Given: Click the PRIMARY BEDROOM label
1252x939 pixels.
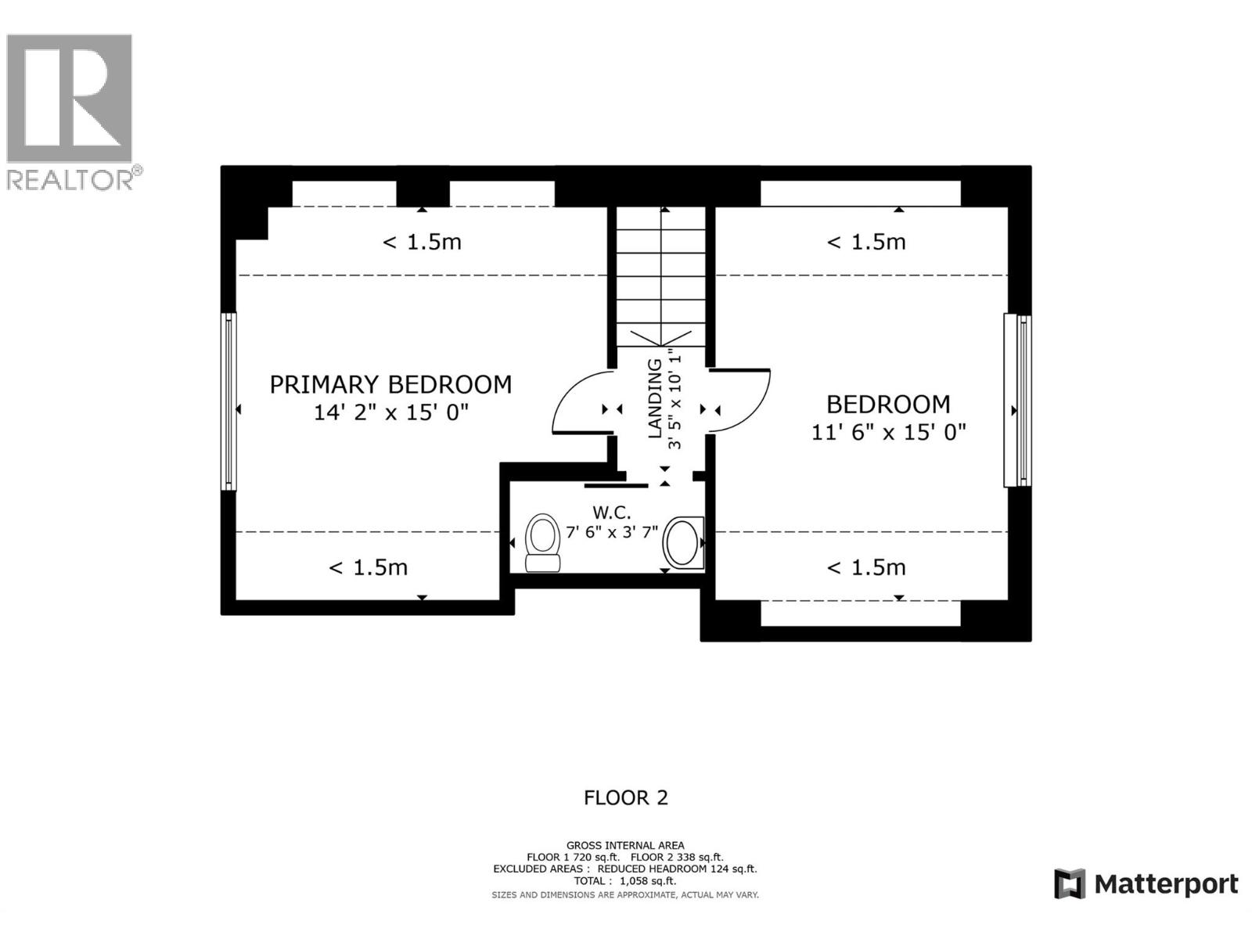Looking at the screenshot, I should (390, 384).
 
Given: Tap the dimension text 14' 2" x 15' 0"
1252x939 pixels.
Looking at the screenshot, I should (390, 412).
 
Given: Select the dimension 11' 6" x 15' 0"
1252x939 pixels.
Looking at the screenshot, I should (888, 432).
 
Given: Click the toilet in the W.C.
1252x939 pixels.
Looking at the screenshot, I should (541, 542).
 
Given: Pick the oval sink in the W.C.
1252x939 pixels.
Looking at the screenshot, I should (682, 543).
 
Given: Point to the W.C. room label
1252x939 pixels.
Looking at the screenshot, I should (611, 513).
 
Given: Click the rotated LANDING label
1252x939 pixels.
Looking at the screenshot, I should (655, 398).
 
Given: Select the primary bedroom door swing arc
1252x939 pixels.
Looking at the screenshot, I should (581, 401).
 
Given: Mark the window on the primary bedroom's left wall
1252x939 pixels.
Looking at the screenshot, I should (228, 401).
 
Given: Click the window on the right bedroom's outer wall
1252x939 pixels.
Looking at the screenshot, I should (1019, 400).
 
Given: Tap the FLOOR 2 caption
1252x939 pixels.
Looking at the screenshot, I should (625, 797).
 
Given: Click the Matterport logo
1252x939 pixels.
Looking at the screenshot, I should (1146, 884).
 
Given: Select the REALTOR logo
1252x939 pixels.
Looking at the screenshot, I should (70, 110).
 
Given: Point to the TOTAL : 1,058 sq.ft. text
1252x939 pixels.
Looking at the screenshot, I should (624, 881).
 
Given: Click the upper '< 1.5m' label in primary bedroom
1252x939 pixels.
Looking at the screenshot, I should (422, 242).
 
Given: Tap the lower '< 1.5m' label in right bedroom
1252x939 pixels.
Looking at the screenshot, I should (866, 567).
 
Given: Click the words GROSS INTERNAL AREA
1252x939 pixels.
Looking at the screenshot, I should (625, 845).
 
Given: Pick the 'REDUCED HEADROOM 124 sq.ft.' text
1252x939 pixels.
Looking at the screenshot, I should (677, 869).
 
